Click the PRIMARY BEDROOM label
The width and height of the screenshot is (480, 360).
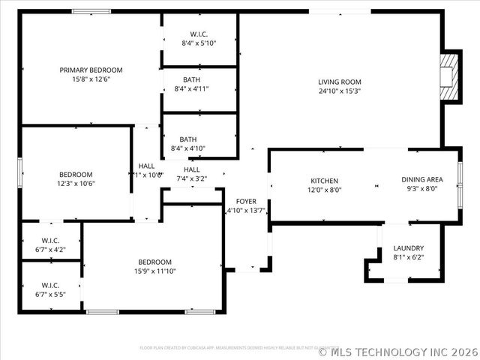(x=91, y=70)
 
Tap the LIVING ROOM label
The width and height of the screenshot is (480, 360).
(x=340, y=82)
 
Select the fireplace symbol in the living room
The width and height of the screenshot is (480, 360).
(x=449, y=76)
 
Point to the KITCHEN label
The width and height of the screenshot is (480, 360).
(x=325, y=180)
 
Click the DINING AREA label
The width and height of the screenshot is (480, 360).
(x=422, y=179)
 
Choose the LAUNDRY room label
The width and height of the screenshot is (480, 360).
(x=409, y=248)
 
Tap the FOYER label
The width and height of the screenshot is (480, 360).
(x=246, y=201)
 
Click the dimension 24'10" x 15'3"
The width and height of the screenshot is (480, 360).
(x=340, y=91)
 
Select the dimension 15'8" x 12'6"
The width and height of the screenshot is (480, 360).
(x=91, y=79)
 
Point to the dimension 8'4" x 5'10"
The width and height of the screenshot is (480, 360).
(x=199, y=43)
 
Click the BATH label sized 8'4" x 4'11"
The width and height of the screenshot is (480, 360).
(x=191, y=79)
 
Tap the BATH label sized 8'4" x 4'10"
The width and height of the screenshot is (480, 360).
(x=187, y=139)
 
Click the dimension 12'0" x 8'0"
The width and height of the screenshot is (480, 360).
(x=325, y=190)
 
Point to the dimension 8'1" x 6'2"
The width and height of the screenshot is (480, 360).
(x=409, y=257)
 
